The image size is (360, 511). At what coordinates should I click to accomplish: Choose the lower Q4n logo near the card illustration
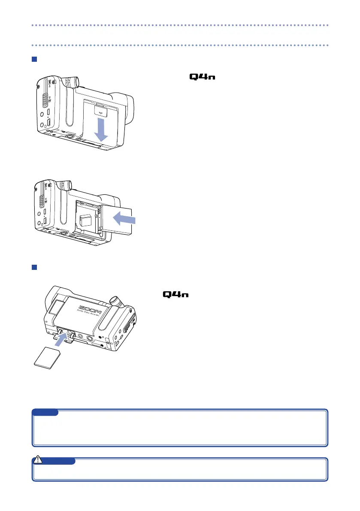tap(176, 294)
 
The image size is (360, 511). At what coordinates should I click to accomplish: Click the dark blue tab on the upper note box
tap(46, 412)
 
